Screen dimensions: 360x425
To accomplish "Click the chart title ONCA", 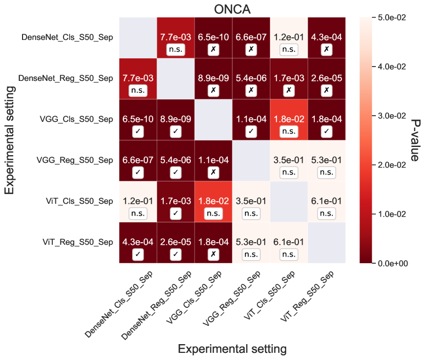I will (x=232, y=9).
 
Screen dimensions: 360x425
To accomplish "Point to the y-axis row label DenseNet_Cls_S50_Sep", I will (x=68, y=37).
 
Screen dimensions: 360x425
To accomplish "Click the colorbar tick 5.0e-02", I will (x=393, y=17).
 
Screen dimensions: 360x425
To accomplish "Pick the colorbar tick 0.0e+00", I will (x=393, y=263).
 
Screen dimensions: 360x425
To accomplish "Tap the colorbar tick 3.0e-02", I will (x=393, y=116).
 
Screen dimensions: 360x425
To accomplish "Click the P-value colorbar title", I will (x=415, y=140).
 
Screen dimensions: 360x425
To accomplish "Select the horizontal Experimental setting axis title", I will (x=232, y=349).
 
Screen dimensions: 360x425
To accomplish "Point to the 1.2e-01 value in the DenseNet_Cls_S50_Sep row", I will (x=289, y=37).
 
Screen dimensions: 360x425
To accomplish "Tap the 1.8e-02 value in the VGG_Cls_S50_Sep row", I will (x=289, y=119).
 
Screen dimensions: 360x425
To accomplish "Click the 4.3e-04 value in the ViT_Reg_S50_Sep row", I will (x=138, y=242).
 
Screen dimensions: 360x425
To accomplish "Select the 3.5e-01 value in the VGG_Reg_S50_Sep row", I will (x=289, y=160).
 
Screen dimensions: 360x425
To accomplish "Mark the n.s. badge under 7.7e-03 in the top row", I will (x=176, y=49).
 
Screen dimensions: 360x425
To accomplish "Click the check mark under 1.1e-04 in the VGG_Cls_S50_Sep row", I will (x=251, y=131).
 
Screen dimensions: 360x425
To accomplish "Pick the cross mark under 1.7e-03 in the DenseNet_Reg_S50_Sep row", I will (x=289, y=90).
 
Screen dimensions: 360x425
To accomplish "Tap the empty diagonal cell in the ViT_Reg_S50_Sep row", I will (x=327, y=243).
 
